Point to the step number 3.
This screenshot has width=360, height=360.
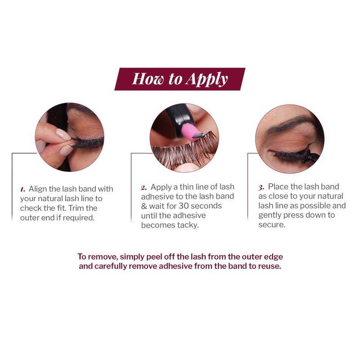click(261, 187)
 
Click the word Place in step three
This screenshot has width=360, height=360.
click(278, 186)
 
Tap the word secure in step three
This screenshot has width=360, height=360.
click(271, 225)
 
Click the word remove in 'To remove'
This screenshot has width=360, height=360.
click(101, 256)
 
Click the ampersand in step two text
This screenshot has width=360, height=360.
click(144, 206)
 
